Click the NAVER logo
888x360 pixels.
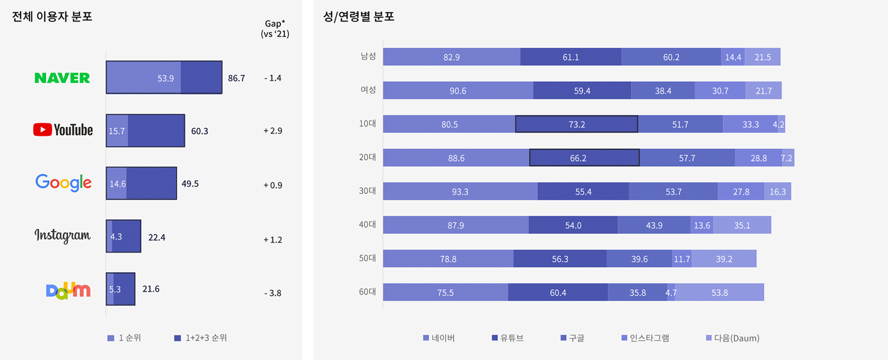pos(62,78)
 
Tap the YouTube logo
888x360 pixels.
pos(63,130)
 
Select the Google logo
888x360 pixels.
pos(64,183)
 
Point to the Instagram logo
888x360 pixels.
pos(63,236)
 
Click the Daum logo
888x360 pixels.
pos(68,290)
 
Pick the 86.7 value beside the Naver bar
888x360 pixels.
pos(236,78)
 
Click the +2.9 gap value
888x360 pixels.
pos(273,131)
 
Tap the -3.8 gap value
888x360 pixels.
pos(273,293)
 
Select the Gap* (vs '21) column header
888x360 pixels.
pos(275,29)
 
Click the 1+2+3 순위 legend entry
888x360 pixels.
pos(201,338)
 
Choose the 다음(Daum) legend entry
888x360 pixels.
pos(733,338)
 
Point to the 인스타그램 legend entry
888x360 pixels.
pos(646,338)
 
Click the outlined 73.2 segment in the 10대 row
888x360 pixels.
pos(576,124)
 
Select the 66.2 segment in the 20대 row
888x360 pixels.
pos(584,158)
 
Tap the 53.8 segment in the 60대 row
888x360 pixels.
pos(719,292)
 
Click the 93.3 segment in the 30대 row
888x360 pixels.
pos(460,191)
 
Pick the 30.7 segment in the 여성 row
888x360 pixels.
pos(720,91)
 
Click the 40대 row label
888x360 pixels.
pos(368,225)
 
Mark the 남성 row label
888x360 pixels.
pos(368,56)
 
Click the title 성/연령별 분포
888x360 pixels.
pos(359,17)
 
